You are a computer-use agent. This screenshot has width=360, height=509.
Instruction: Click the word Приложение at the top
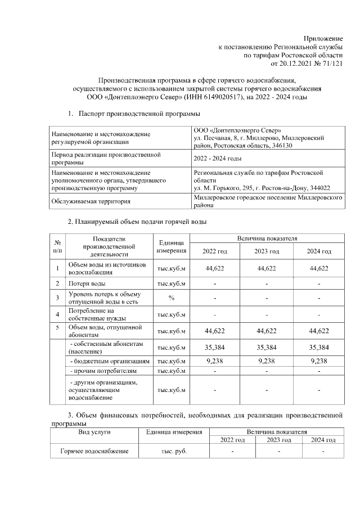tap(324, 38)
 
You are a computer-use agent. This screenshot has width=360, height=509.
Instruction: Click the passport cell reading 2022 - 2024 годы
tap(218, 159)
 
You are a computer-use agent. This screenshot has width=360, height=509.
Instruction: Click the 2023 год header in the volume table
tap(267, 251)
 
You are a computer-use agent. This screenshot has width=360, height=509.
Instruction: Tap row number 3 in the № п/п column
tap(57, 298)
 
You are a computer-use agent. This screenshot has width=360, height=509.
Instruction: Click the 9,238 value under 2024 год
tap(318, 361)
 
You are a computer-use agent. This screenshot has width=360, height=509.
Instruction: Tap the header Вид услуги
tap(94, 431)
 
